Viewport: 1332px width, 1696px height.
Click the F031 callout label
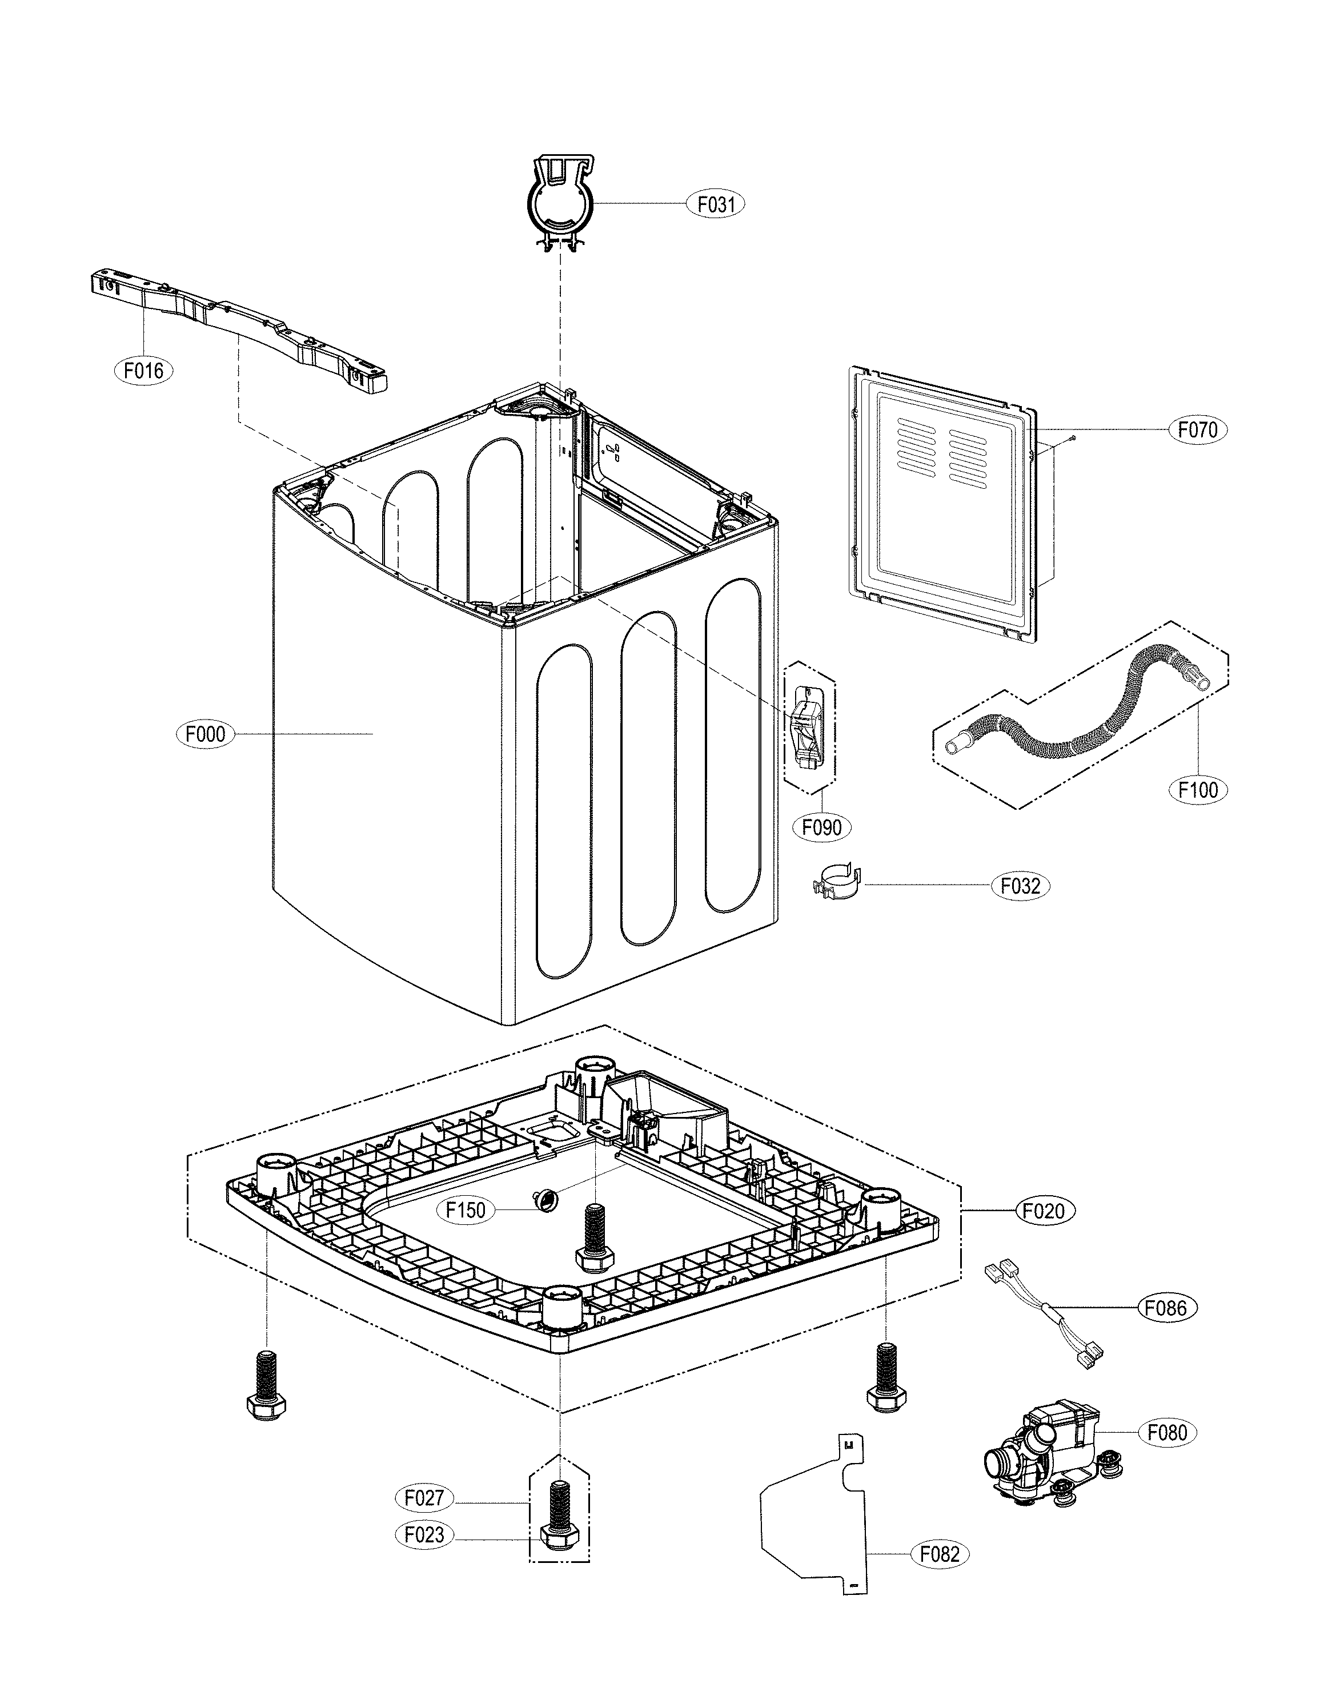tap(715, 204)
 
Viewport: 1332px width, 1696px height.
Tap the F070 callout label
tap(1197, 429)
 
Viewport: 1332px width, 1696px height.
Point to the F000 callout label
tap(205, 734)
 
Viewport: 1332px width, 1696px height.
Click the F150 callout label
tap(466, 1209)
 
